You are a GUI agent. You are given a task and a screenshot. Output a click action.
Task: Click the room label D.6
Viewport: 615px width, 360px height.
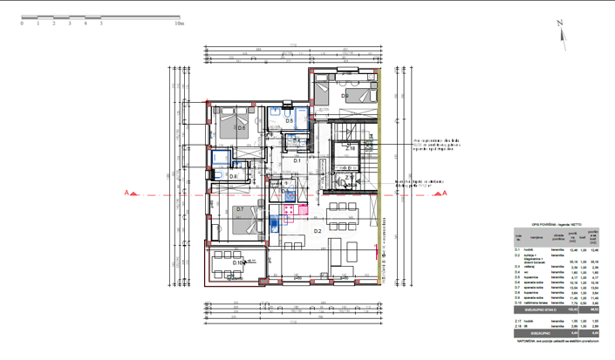coord(241,128)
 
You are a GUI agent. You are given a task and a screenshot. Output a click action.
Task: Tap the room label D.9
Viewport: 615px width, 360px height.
coord(345,96)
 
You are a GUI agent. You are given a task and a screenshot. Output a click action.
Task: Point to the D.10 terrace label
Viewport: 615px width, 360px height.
coord(238,262)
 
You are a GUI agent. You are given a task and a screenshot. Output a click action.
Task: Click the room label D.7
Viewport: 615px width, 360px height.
coord(240,209)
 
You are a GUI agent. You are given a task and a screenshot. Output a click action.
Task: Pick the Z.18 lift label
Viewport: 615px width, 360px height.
coord(350,149)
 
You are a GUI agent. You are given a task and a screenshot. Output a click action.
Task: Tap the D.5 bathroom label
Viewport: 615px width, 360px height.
coord(277,121)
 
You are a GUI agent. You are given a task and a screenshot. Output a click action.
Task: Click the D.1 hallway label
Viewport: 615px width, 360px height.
coord(296,160)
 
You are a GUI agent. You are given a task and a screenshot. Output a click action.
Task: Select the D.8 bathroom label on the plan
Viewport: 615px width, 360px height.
coord(233,177)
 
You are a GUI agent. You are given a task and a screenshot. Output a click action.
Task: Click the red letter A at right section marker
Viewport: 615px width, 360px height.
coord(445,194)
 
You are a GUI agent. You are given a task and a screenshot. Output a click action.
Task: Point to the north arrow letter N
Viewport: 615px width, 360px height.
coord(561,24)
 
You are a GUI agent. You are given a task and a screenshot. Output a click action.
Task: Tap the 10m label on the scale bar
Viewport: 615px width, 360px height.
coord(179,24)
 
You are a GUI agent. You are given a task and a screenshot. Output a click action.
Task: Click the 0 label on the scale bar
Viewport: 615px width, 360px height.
coord(22,24)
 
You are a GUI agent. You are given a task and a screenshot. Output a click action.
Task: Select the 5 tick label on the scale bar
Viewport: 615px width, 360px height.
coord(101,24)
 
